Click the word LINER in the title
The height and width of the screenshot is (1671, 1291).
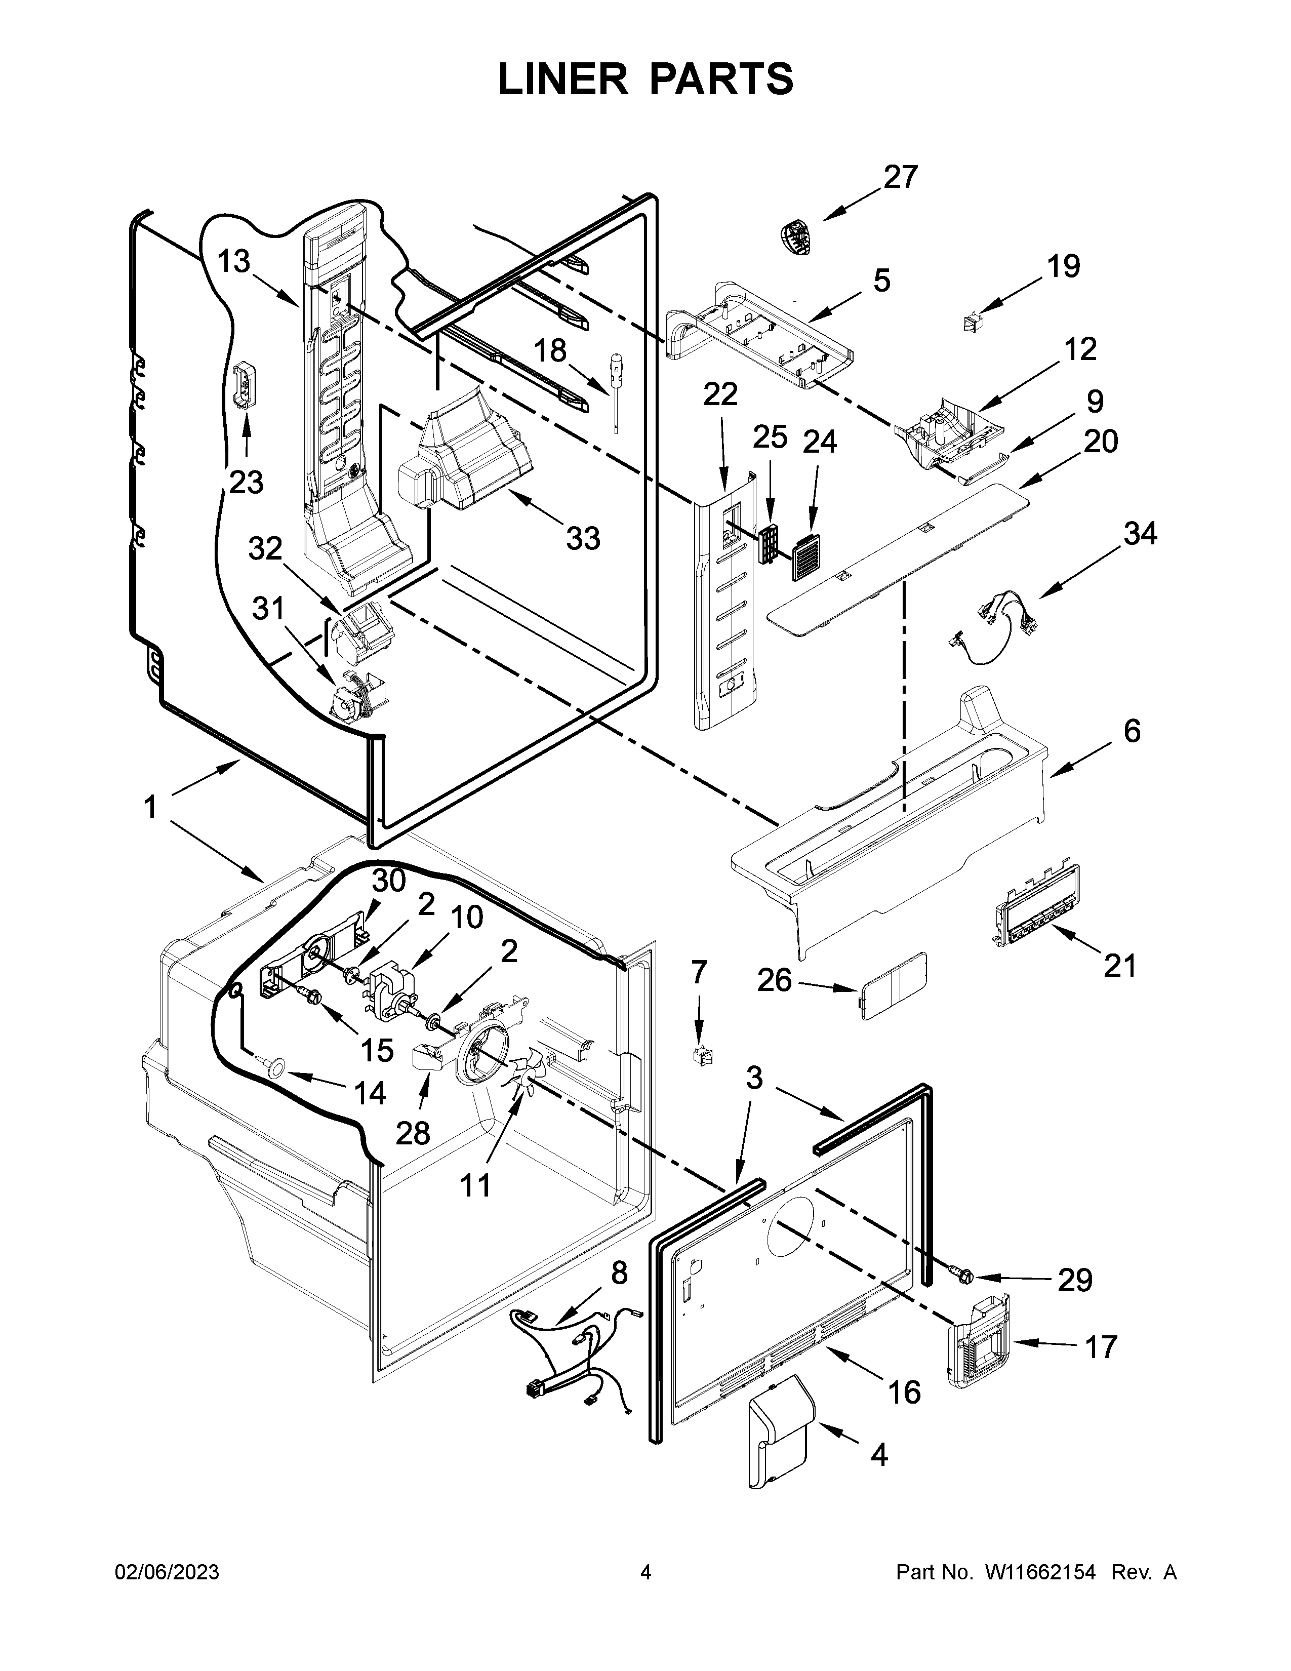click(x=562, y=79)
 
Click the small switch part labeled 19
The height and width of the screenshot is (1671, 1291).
click(x=973, y=323)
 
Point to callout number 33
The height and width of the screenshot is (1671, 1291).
click(x=583, y=539)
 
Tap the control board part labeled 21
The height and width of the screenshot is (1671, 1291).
click(x=1038, y=907)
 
